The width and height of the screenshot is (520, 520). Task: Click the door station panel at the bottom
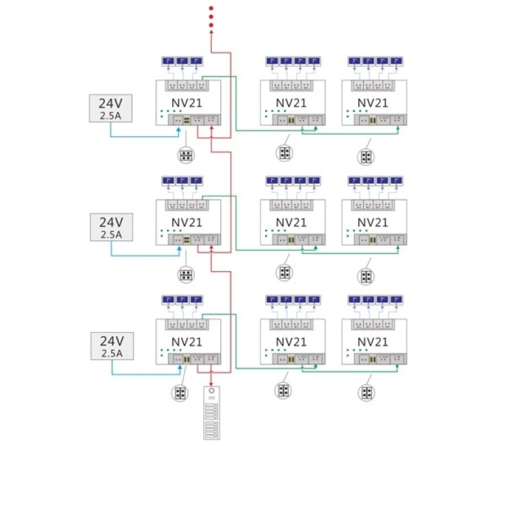click(x=212, y=413)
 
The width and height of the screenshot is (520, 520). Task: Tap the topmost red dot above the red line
click(x=211, y=7)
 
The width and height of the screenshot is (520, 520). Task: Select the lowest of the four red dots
click(x=211, y=26)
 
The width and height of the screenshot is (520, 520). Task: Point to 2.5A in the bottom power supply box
click(x=111, y=354)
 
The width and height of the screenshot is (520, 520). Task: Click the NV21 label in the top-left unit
click(x=187, y=103)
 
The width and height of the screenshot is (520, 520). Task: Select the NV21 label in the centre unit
click(x=292, y=222)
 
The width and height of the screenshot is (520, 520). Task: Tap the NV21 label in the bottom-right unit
click(x=373, y=341)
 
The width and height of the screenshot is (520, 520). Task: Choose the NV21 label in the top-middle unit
click(x=292, y=103)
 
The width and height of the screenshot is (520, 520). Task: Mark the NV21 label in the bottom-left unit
click(x=187, y=341)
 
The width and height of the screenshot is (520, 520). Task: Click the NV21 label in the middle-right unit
click(x=373, y=222)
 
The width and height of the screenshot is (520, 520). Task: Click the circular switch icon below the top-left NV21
click(x=186, y=155)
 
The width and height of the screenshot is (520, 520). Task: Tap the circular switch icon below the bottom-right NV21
click(x=366, y=393)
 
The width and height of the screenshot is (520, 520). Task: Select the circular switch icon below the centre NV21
click(x=284, y=272)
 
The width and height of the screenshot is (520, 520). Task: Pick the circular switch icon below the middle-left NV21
click(x=186, y=274)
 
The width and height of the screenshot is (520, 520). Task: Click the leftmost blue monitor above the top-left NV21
click(x=168, y=62)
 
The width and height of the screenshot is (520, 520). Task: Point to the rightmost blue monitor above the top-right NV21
click(x=396, y=62)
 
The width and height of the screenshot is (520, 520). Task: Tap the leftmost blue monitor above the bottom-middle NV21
click(x=272, y=300)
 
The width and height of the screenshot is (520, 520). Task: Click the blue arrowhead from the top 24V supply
click(x=179, y=130)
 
